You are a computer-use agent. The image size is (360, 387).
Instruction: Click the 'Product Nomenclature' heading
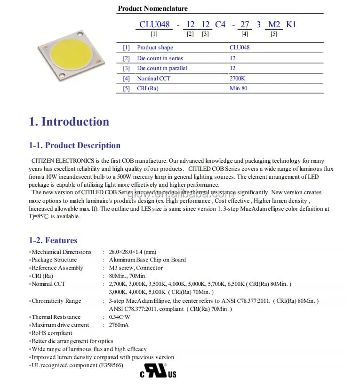point(152,8)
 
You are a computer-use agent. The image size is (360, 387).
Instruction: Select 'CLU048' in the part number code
point(154,24)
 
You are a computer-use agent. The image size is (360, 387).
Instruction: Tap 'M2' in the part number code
point(274,24)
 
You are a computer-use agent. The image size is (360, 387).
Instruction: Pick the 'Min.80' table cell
point(238,88)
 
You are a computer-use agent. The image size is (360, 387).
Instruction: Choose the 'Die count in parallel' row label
point(162,68)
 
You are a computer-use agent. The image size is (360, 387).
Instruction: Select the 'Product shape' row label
point(155,47)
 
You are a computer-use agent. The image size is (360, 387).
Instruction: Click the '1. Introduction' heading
point(69,122)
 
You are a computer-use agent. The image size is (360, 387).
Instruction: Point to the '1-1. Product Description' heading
point(75,146)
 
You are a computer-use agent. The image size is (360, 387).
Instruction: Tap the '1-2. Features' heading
point(53,240)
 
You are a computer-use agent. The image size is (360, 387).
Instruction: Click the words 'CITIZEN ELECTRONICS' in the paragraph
point(59,161)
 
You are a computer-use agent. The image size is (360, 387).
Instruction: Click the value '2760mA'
point(119,325)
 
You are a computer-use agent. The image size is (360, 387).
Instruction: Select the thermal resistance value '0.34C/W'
point(120,317)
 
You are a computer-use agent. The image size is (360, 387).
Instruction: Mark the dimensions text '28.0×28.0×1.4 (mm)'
point(132,252)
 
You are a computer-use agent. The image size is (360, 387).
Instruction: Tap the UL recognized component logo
point(158,370)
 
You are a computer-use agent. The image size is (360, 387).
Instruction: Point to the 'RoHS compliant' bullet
point(52,333)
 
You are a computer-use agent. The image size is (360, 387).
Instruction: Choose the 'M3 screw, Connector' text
point(136,268)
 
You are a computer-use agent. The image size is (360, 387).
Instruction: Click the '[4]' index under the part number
point(245,34)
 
